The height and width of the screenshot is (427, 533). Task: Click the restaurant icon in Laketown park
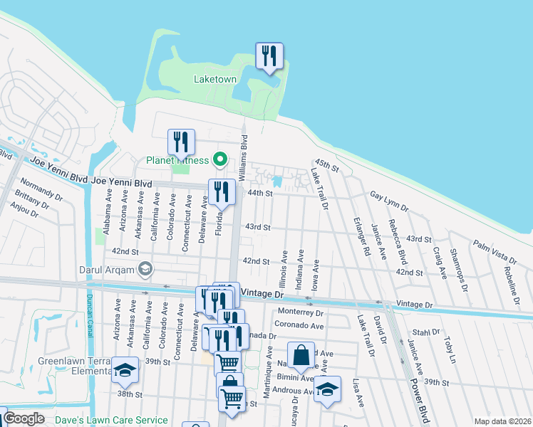[269, 57]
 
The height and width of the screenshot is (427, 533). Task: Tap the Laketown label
[215, 79]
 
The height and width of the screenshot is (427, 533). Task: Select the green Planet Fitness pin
[221, 159]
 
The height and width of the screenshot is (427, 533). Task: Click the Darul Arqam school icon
[146, 268]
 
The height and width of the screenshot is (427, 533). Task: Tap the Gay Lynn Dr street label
[389, 201]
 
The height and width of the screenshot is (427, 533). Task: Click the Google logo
[24, 418]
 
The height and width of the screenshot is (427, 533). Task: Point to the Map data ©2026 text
[502, 421]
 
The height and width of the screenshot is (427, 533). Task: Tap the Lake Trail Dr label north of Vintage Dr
[319, 186]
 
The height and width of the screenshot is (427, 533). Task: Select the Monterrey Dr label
[301, 312]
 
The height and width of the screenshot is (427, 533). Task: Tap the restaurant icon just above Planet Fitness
[181, 142]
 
